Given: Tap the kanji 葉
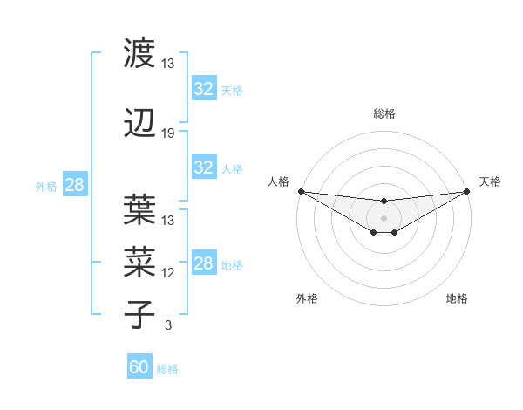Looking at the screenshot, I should point(139,210).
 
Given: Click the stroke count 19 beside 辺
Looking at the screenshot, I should point(168,133).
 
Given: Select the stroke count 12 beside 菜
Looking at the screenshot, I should point(168,273).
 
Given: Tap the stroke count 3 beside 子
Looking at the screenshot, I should point(167,325).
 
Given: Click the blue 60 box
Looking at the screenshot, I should point(139,367).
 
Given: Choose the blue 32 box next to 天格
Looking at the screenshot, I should point(204,89).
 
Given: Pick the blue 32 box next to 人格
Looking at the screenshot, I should point(204,167).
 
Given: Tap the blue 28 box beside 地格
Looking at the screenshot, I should point(204,263).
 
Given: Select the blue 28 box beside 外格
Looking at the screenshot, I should point(74,185).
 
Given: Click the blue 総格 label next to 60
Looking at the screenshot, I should point(167,369).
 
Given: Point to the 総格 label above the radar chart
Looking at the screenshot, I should point(384,113).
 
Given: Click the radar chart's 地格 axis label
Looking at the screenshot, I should point(457,298).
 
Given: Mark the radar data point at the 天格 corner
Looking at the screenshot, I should point(468,191).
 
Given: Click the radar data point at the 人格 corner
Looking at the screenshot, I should point(300,191).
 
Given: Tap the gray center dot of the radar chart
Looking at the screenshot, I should point(384,217).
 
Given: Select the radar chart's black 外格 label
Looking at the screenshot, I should point(307,298).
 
